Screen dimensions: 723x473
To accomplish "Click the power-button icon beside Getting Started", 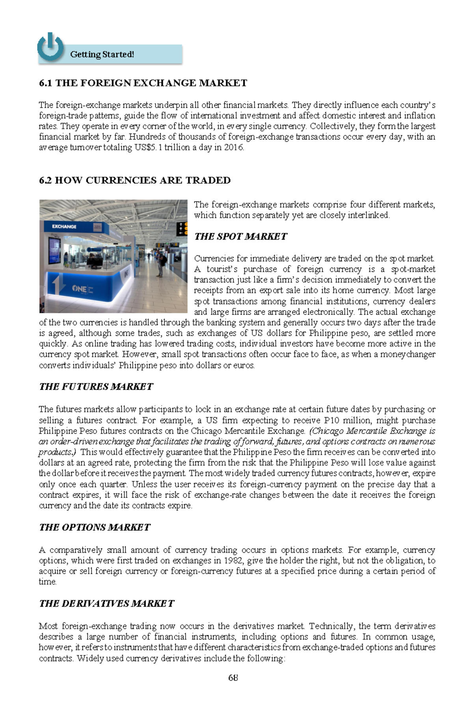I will (x=50, y=47).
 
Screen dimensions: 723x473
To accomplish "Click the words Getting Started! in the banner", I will (x=102, y=54).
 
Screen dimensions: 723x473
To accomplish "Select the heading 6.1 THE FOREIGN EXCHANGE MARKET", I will (x=143, y=83).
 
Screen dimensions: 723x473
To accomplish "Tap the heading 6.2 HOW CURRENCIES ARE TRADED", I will (x=135, y=180).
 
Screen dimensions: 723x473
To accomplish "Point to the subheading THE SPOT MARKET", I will (x=240, y=236).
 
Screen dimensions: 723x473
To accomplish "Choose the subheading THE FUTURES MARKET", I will (x=96, y=387).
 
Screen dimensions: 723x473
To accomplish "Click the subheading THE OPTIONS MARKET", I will (x=95, y=527).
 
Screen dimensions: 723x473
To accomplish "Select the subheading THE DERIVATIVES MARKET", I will (x=106, y=604).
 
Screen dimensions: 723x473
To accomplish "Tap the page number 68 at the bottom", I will (x=233, y=678).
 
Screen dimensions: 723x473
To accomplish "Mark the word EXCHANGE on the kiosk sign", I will (x=64, y=227).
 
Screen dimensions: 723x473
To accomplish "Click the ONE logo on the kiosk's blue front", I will (x=80, y=288).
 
